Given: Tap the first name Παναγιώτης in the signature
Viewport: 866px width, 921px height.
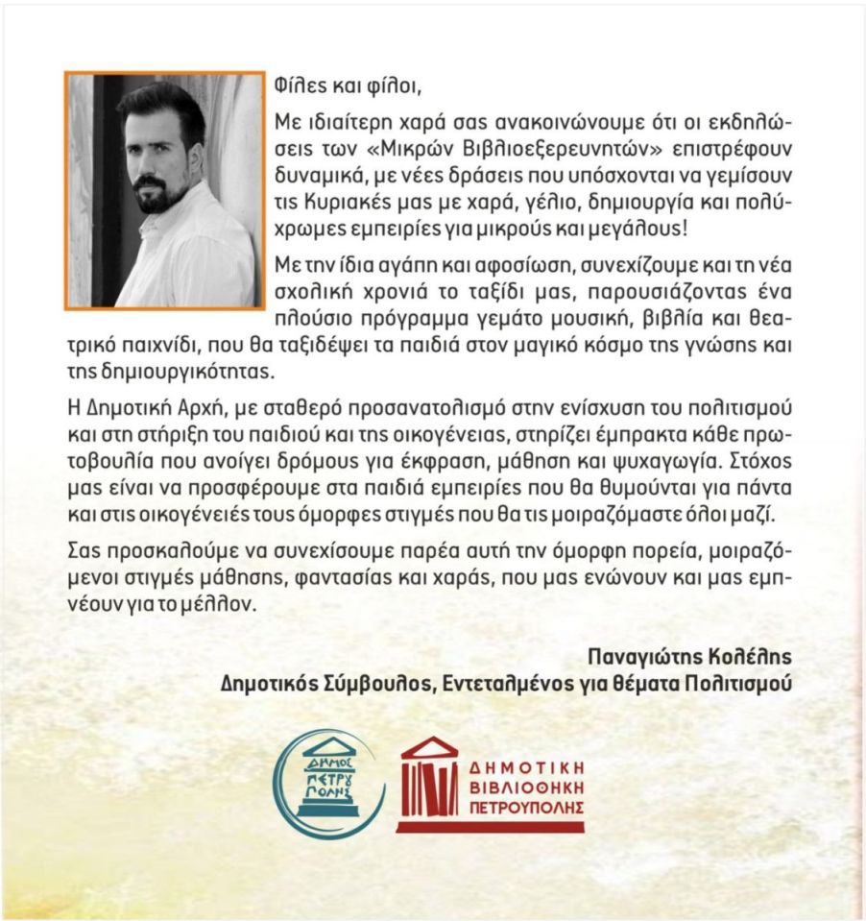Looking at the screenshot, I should [637, 656].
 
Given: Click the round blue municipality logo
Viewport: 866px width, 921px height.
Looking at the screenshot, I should [328, 779].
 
